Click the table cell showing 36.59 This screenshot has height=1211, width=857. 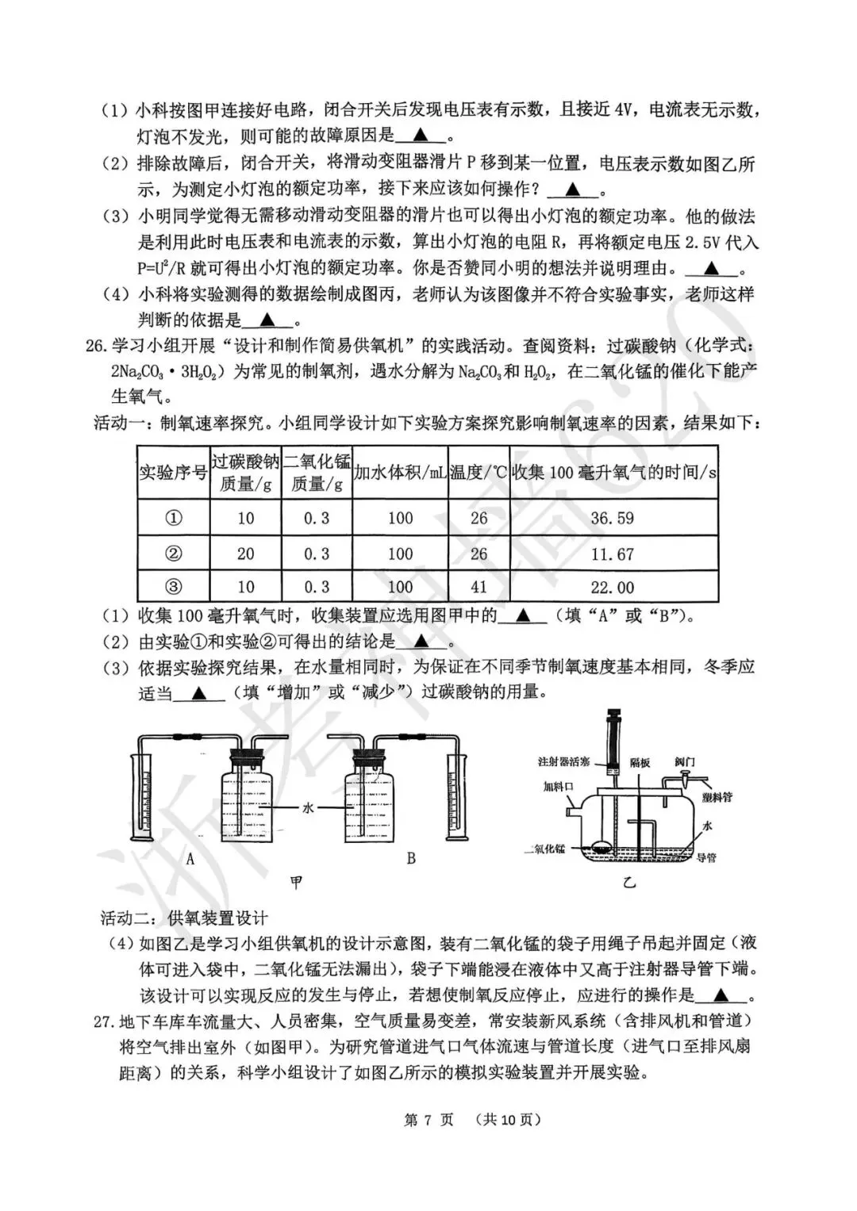pyautogui.click(x=613, y=519)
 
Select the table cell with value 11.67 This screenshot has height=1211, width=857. pyautogui.click(x=613, y=554)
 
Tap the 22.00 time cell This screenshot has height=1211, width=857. pyautogui.click(x=613, y=588)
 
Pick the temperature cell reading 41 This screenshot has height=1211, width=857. pyautogui.click(x=478, y=588)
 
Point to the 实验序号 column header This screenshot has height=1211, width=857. pyautogui.click(x=173, y=473)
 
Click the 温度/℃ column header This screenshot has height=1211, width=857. pyautogui.click(x=478, y=473)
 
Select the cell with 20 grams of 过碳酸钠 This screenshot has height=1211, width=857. pyautogui.click(x=246, y=554)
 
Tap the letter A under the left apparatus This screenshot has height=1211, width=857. pyautogui.click(x=190, y=859)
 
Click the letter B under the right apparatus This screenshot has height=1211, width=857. pyautogui.click(x=411, y=859)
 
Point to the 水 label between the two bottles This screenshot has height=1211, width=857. pyautogui.click(x=308, y=807)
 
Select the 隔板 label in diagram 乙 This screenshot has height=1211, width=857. pyautogui.click(x=640, y=762)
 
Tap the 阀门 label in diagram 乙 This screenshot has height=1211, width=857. pyautogui.click(x=685, y=761)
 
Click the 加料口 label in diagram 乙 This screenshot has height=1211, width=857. pyautogui.click(x=558, y=788)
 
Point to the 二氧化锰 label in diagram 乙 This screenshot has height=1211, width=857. pyautogui.click(x=545, y=849)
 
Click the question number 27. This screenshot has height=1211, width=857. pyautogui.click(x=104, y=1021)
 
